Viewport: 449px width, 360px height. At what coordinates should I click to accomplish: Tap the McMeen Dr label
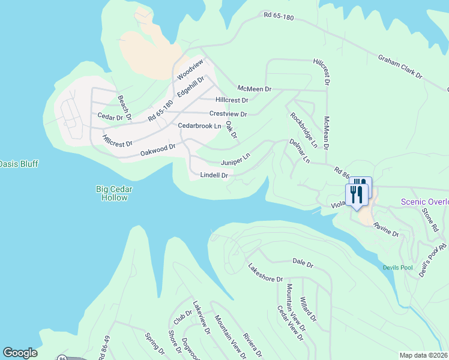pos(255,89)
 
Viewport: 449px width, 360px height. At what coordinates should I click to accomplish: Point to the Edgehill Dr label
pos(191,87)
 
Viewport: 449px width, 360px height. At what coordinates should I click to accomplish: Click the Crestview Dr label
pos(228,113)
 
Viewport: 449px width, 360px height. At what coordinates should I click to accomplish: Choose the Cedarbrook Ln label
pos(200,126)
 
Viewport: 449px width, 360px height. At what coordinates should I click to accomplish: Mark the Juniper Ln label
pos(235,160)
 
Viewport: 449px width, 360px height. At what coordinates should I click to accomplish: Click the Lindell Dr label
pos(214,175)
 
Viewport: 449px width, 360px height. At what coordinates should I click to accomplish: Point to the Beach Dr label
pos(124,107)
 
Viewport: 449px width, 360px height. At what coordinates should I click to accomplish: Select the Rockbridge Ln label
pos(304,130)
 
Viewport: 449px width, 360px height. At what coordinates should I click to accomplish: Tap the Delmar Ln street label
pos(299,151)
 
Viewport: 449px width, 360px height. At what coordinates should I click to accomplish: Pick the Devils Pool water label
pos(398,267)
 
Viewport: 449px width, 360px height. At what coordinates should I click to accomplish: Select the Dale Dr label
pos(303,263)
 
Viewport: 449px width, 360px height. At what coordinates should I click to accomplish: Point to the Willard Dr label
pos(309,308)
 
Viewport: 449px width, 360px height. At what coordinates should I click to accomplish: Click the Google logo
pos(20,353)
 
